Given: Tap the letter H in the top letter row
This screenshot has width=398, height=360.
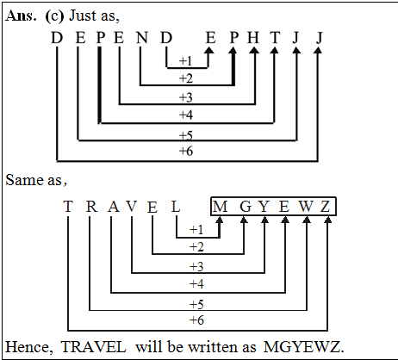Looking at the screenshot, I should pos(253,37).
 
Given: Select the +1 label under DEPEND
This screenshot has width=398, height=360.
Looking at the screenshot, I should pos(185,61).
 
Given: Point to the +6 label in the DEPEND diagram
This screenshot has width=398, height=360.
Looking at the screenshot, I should pos(185,152).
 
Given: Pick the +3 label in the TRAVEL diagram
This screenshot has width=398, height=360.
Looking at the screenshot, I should pos(197,265).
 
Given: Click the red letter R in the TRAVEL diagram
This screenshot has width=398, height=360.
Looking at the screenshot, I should pos(90,207).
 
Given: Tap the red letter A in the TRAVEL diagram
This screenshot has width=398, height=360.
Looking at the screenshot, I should pos(112,207).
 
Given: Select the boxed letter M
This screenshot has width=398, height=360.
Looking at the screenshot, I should pos(221,207).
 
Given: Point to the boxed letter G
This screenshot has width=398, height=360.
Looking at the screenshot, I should pos(244,207).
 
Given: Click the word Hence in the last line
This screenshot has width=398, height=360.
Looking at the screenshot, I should pos(25,345).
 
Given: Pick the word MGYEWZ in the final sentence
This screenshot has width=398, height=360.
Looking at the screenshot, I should pos(308,345).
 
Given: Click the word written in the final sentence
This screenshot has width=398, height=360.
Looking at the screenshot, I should pos(215,345).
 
